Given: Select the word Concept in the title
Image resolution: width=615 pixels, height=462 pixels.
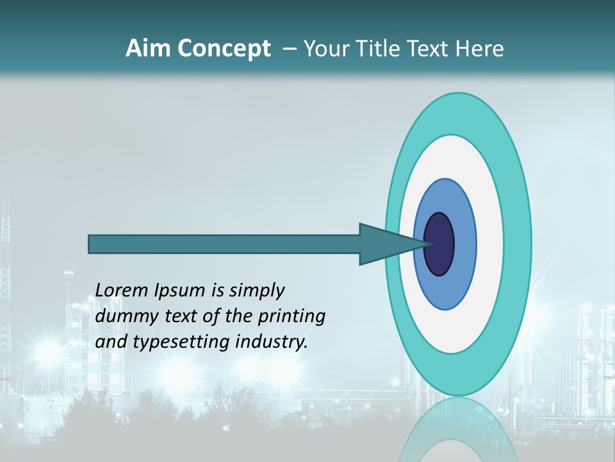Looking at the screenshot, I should [224, 49].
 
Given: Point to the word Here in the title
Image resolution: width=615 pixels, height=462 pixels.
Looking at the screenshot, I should [480, 48].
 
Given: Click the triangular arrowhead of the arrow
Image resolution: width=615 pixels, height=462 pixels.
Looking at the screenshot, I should [384, 244].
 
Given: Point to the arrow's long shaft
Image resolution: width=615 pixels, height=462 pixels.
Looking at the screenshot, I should [224, 244].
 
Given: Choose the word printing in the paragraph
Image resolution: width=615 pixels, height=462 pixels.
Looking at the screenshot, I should [291, 317].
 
